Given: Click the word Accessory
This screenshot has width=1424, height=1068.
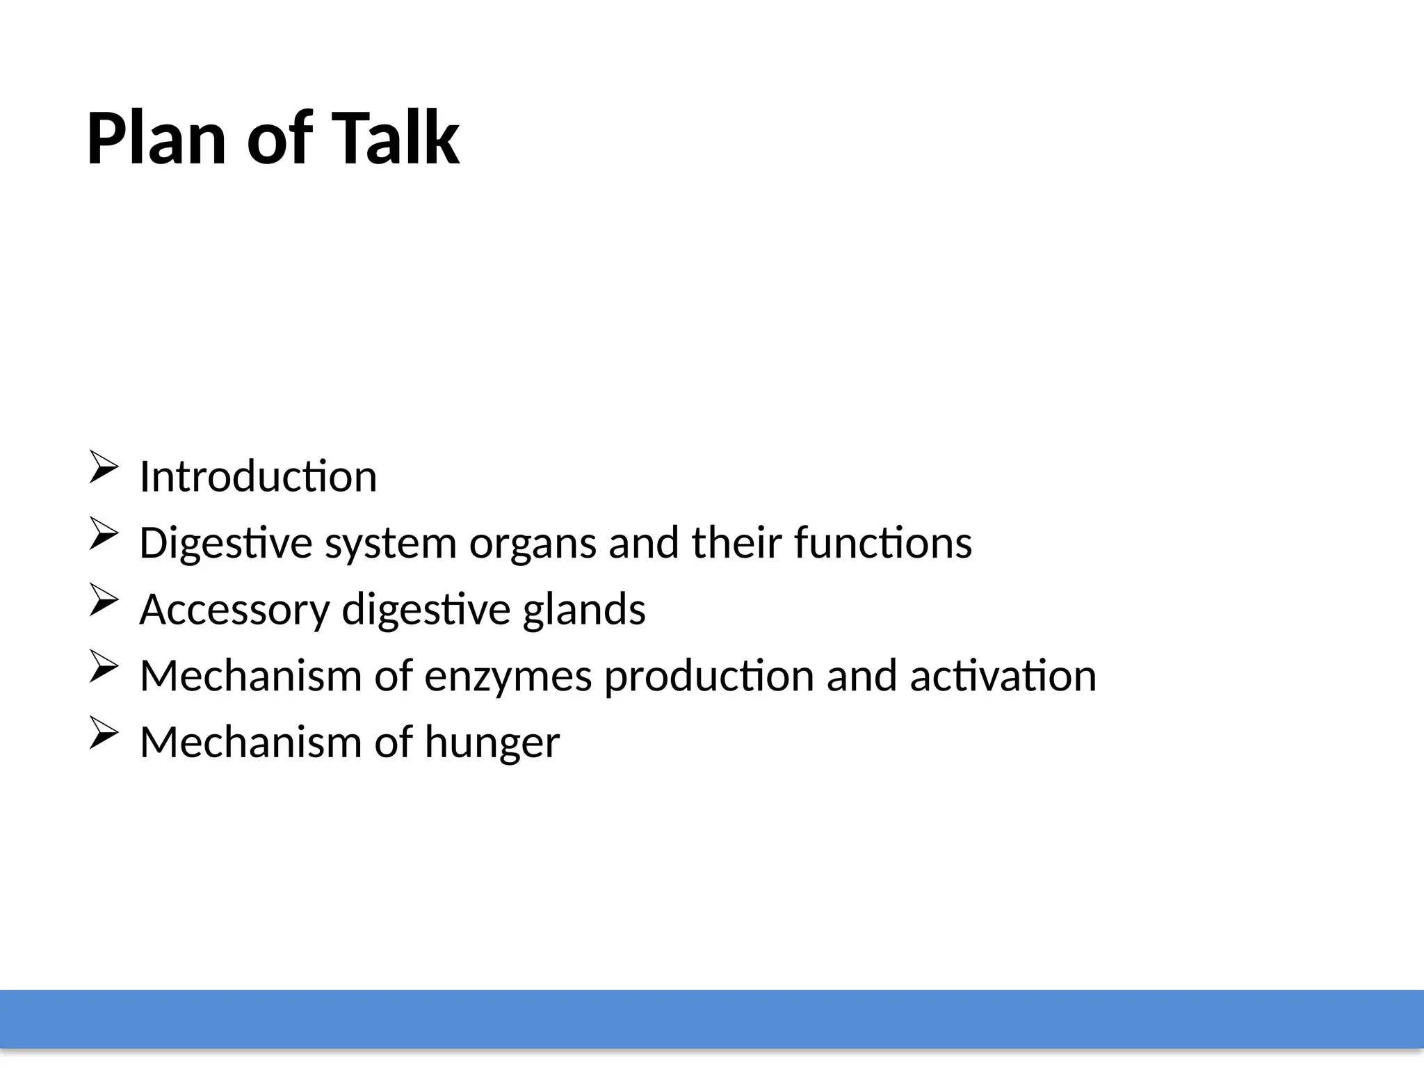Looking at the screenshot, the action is coord(234,610).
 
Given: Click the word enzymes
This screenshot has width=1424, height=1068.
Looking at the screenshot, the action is coord(508,677).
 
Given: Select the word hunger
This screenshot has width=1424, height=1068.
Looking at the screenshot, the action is coord(492,743).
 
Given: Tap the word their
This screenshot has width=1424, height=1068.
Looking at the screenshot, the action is coord(737,542).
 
